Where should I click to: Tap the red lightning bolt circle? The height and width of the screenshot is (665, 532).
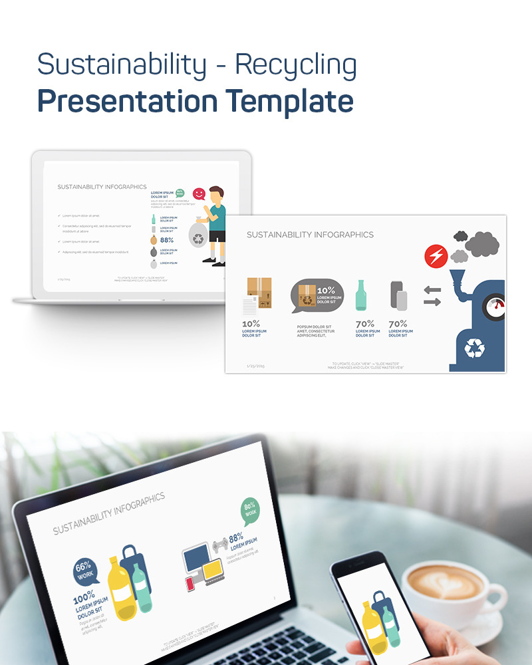[436, 256]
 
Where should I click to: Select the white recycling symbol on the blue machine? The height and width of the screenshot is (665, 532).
[475, 347]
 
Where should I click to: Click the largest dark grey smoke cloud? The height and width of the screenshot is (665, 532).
[482, 243]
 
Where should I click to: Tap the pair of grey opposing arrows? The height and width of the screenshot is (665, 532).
[432, 296]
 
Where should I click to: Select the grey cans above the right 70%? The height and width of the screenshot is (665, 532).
[398, 295]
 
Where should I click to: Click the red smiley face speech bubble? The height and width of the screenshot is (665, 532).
[199, 194]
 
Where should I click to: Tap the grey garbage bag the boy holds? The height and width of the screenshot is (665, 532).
[199, 237]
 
